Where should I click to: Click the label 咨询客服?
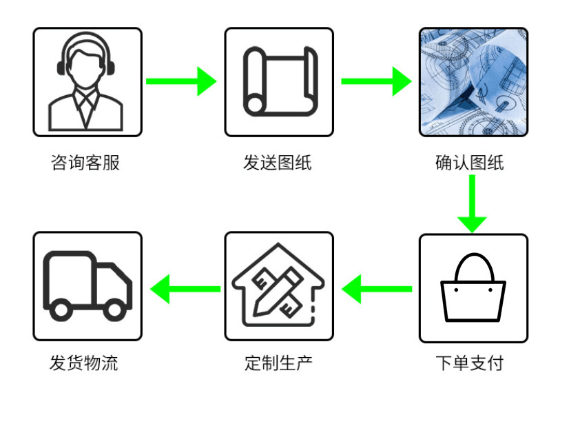(x=85, y=163)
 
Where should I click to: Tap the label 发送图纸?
(x=278, y=163)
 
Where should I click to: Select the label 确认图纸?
(x=470, y=163)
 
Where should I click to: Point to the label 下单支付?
(x=470, y=363)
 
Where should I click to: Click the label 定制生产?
(x=278, y=363)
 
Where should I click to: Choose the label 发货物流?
(x=84, y=363)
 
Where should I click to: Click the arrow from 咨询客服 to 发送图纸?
(x=181, y=81)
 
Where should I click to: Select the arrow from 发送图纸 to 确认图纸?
(x=376, y=81)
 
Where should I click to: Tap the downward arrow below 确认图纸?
(x=472, y=204)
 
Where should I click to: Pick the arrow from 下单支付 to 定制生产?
(x=377, y=289)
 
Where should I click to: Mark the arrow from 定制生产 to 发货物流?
(x=185, y=289)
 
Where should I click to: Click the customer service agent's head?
(x=86, y=68)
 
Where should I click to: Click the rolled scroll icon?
(x=280, y=81)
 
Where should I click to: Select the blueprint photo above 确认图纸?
(x=473, y=82)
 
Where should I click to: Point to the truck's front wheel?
(x=114, y=310)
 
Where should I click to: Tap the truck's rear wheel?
(x=61, y=310)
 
